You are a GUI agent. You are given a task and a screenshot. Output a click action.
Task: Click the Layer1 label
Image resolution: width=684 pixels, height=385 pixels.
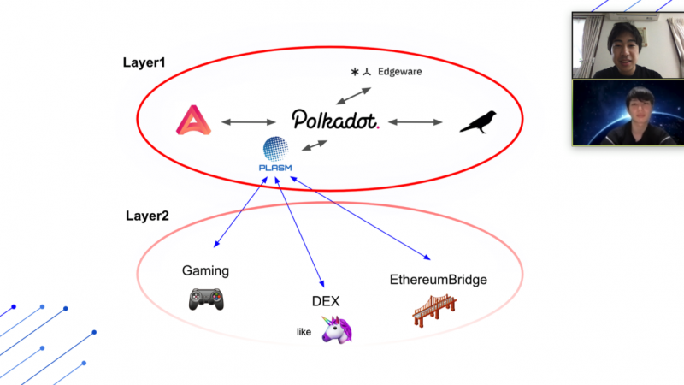click(x=144, y=62)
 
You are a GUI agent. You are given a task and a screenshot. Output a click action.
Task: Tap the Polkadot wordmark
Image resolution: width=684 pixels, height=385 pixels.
click(x=334, y=120)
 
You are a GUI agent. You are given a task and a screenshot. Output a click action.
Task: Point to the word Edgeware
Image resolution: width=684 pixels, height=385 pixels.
click(x=399, y=72)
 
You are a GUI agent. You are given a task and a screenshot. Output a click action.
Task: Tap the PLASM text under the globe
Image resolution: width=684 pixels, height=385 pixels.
click(x=275, y=168)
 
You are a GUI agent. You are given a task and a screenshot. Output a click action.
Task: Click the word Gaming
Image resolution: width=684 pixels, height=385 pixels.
click(x=205, y=271)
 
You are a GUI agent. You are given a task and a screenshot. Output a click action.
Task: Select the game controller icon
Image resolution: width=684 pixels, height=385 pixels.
click(x=205, y=299)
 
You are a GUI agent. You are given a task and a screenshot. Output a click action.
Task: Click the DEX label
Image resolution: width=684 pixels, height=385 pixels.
click(x=326, y=300)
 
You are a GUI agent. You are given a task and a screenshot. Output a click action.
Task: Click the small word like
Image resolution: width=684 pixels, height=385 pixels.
click(x=304, y=332)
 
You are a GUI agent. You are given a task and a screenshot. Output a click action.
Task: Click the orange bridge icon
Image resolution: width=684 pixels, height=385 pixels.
click(x=433, y=309)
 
